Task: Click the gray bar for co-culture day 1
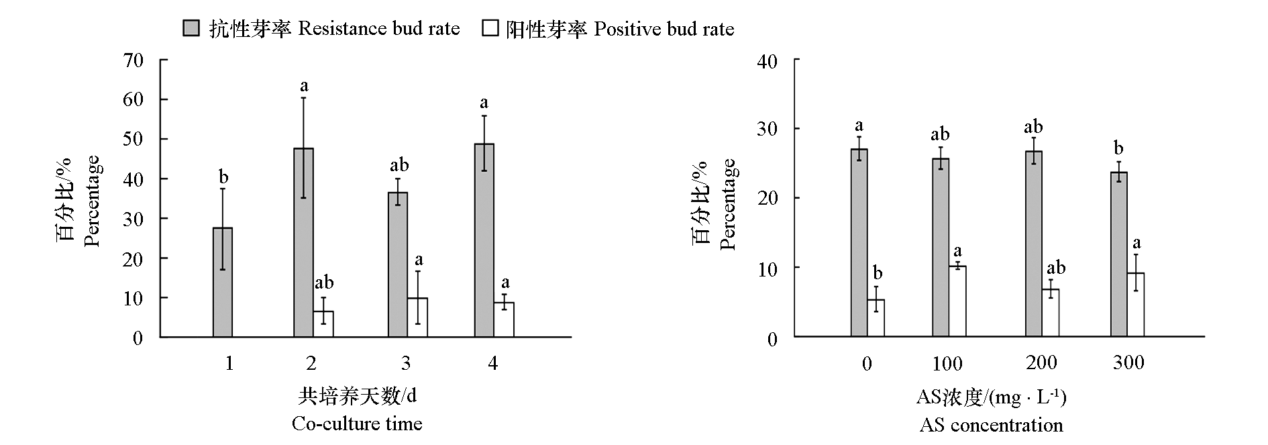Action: click(223, 282)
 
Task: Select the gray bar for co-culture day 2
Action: click(303, 242)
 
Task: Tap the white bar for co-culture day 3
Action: click(417, 317)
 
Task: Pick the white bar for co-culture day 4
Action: click(505, 319)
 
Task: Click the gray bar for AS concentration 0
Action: click(859, 242)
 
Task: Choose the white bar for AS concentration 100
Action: click(957, 301)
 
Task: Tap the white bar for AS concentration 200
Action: click(1050, 313)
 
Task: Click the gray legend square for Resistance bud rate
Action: click(191, 28)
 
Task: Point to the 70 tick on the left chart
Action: click(134, 60)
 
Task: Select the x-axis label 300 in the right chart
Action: click(1128, 363)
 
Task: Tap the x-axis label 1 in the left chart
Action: click(229, 363)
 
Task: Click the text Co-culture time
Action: click(357, 424)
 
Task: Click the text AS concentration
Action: click(991, 426)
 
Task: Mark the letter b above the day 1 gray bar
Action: click(223, 177)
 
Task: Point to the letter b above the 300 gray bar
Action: click(1118, 148)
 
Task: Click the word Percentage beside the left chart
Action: click(92, 201)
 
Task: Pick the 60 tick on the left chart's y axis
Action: click(134, 100)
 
